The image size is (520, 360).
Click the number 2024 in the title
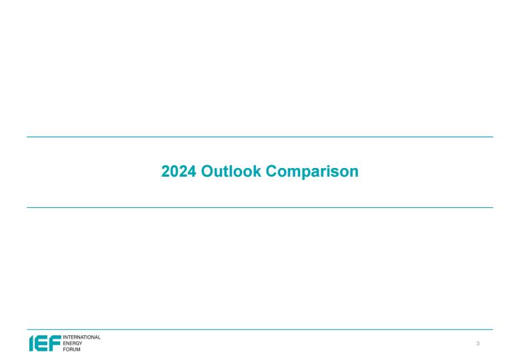tap(179, 171)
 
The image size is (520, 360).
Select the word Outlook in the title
tap(231, 171)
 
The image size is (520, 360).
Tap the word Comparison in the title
tap(312, 173)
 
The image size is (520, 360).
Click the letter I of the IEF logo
tap(31, 343)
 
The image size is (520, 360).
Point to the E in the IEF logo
tap(41, 343)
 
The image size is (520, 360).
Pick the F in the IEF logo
tap(55, 343)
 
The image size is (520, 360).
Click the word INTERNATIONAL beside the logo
tap(81, 337)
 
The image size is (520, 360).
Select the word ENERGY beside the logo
tap(72, 343)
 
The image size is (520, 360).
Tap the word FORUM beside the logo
tap(71, 349)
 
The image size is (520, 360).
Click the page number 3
tap(478, 343)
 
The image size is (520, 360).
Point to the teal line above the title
tap(260, 137)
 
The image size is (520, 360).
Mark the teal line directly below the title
tap(260, 208)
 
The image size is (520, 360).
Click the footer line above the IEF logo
tap(260, 330)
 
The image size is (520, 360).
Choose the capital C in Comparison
tap(271, 171)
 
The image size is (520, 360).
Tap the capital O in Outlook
tap(207, 171)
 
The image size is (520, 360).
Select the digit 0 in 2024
tap(175, 171)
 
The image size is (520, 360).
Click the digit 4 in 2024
tap(192, 171)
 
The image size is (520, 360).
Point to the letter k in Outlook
tap(257, 171)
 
